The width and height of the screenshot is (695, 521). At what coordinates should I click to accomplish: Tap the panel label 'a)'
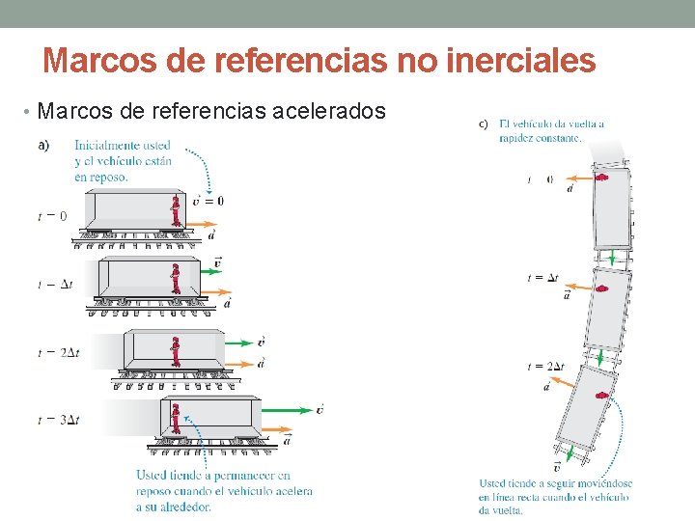click(x=44, y=146)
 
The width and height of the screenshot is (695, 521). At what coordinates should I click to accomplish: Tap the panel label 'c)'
click(x=485, y=123)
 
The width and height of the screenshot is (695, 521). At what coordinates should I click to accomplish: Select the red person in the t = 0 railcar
click(x=176, y=210)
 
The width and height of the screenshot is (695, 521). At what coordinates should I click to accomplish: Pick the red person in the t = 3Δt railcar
click(x=176, y=418)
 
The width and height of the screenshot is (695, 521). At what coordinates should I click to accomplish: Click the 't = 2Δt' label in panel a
click(x=59, y=352)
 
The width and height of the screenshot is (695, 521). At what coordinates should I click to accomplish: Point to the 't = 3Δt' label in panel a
click(x=59, y=420)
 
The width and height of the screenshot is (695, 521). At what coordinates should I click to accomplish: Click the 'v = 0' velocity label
click(x=208, y=201)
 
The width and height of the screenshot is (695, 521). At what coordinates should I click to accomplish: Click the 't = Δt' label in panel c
click(x=542, y=278)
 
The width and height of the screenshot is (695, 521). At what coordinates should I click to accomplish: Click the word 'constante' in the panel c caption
click(x=556, y=137)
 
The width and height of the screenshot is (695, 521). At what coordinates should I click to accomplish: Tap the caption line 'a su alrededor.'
click(x=175, y=507)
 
